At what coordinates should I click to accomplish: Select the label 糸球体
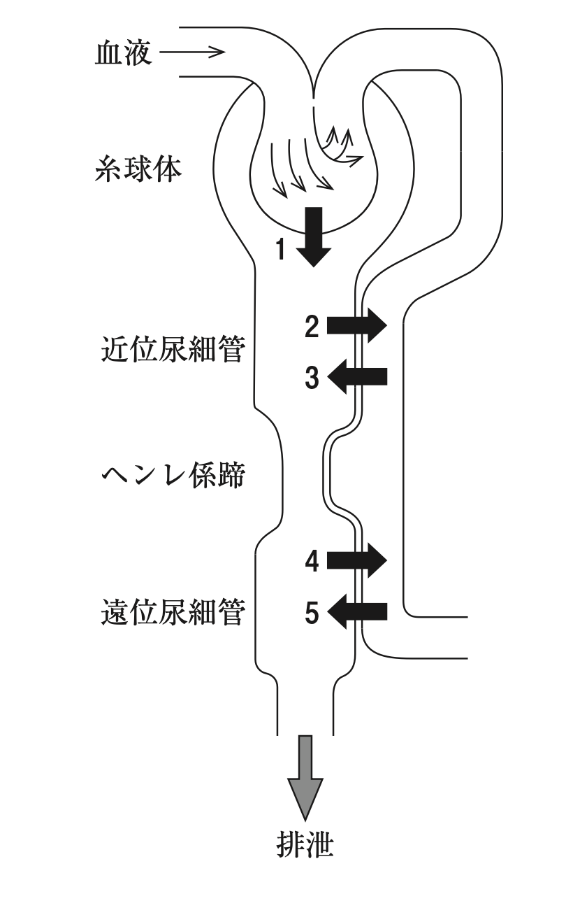coord(138,170)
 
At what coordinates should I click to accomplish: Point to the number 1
coord(281,248)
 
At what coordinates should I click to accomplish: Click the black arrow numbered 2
coord(356,325)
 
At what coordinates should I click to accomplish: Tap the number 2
coord(312,326)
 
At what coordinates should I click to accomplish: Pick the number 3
coord(312,379)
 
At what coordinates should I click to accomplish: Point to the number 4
coord(312,560)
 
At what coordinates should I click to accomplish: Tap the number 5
coord(312,613)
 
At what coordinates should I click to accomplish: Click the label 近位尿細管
coord(173,349)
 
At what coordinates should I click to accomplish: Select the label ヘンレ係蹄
coord(173,478)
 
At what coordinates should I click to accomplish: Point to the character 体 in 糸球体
coord(167,170)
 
